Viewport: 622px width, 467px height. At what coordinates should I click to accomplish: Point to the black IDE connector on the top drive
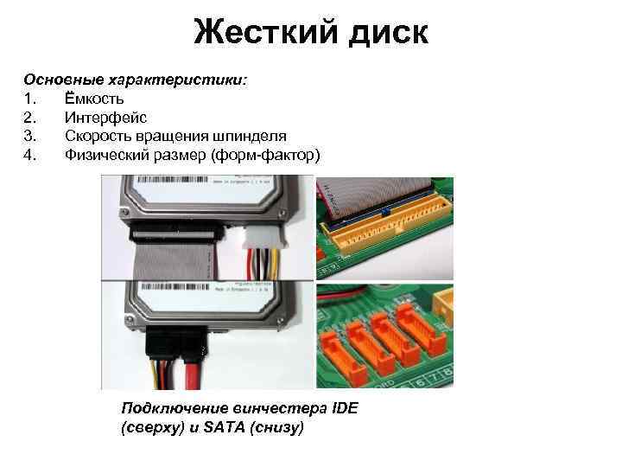[x=178, y=232]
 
